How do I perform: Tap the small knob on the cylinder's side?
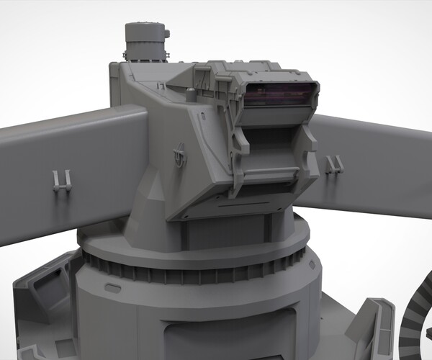[x=166, y=32]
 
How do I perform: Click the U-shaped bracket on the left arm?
[x=62, y=180]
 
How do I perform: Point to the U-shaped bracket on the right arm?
[x=333, y=165]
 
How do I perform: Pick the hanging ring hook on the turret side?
[x=180, y=154]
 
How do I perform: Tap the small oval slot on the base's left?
[x=112, y=287]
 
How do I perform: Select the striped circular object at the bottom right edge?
[x=414, y=324]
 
